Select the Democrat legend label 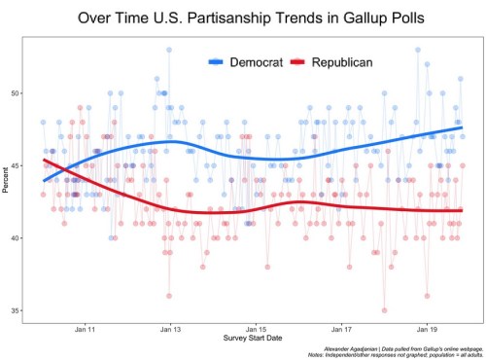(256, 61)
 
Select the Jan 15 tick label (255, 331)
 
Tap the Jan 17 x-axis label (341, 331)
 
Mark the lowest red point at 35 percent (384, 310)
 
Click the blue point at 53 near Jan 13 (169, 50)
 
